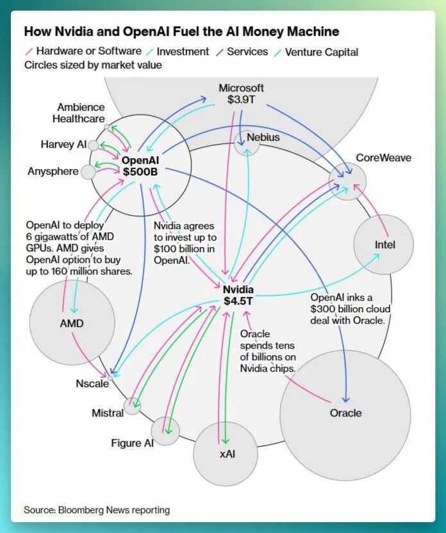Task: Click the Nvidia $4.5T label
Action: (x=238, y=295)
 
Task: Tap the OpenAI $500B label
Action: (x=140, y=166)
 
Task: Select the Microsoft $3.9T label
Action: (x=241, y=93)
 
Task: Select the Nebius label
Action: (x=263, y=138)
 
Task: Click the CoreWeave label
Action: (x=383, y=157)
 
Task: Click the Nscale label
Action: (x=92, y=383)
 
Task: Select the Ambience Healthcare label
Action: (x=79, y=113)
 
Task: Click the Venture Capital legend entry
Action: (x=317, y=52)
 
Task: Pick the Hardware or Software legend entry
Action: (x=84, y=51)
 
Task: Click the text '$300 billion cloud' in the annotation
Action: (x=350, y=308)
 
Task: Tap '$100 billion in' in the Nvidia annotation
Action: (x=184, y=248)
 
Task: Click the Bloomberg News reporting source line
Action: (x=97, y=510)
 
